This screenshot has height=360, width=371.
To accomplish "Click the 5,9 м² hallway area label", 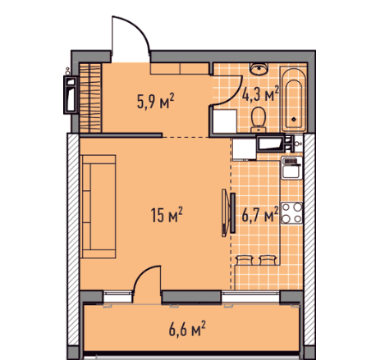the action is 156,101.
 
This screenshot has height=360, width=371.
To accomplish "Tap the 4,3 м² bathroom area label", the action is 260,93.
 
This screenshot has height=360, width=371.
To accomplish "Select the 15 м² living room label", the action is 167,215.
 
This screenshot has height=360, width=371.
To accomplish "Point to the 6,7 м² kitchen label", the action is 260,214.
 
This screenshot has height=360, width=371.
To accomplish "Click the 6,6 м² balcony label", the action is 187,329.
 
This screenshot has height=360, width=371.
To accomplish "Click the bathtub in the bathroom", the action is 294,100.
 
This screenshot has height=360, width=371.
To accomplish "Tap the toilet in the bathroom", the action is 259,121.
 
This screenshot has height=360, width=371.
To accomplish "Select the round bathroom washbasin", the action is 259,69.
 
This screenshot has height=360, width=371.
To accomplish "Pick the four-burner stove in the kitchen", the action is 291,213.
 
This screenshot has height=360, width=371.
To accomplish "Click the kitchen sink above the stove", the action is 291,168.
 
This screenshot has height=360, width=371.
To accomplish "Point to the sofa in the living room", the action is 98,207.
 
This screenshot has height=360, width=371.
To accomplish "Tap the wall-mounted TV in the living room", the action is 229,212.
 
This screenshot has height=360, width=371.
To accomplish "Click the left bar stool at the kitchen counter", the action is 244,260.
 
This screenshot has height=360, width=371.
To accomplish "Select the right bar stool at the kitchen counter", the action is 267,260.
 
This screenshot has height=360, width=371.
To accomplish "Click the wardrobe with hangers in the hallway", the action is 90,98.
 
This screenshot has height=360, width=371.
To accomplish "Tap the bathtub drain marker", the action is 294,120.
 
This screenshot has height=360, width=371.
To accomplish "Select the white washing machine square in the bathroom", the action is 225,121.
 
